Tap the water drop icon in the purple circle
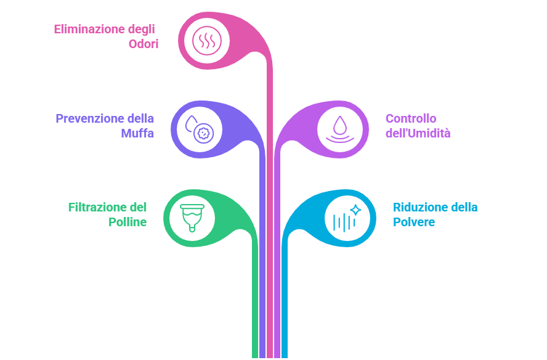340,125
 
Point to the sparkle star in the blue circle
355,210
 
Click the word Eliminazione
89,29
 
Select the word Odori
143,44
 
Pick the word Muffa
137,133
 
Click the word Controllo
411,118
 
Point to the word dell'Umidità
418,133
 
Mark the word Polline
128,222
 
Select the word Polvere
414,222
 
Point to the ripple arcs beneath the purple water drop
340,140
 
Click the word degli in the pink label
142,29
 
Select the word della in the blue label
465,207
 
